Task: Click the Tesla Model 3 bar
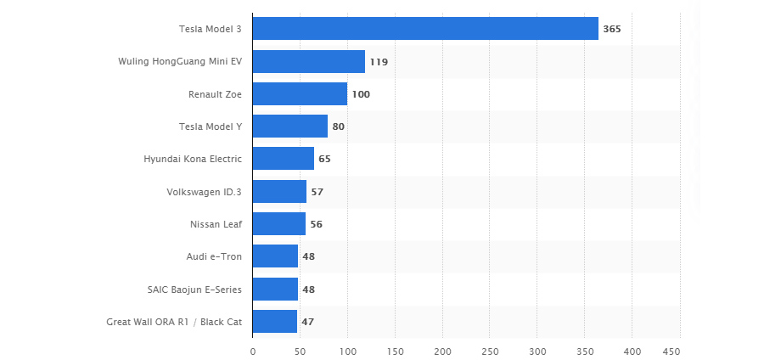click(424, 29)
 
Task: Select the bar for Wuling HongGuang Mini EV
click(309, 61)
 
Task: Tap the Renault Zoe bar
click(300, 93)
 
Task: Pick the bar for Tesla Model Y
click(290, 127)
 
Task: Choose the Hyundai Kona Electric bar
click(284, 159)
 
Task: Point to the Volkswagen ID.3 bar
click(279, 192)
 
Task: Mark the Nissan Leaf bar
click(279, 224)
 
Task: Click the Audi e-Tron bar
click(275, 256)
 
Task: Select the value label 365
click(612, 29)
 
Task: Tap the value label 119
click(379, 62)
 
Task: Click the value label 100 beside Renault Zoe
click(361, 94)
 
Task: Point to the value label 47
click(308, 322)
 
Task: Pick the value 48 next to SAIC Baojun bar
click(309, 290)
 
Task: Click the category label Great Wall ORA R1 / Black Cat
click(174, 322)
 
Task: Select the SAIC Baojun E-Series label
click(194, 290)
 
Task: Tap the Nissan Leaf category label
click(216, 224)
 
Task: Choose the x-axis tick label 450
click(671, 350)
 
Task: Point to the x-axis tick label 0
click(253, 350)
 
